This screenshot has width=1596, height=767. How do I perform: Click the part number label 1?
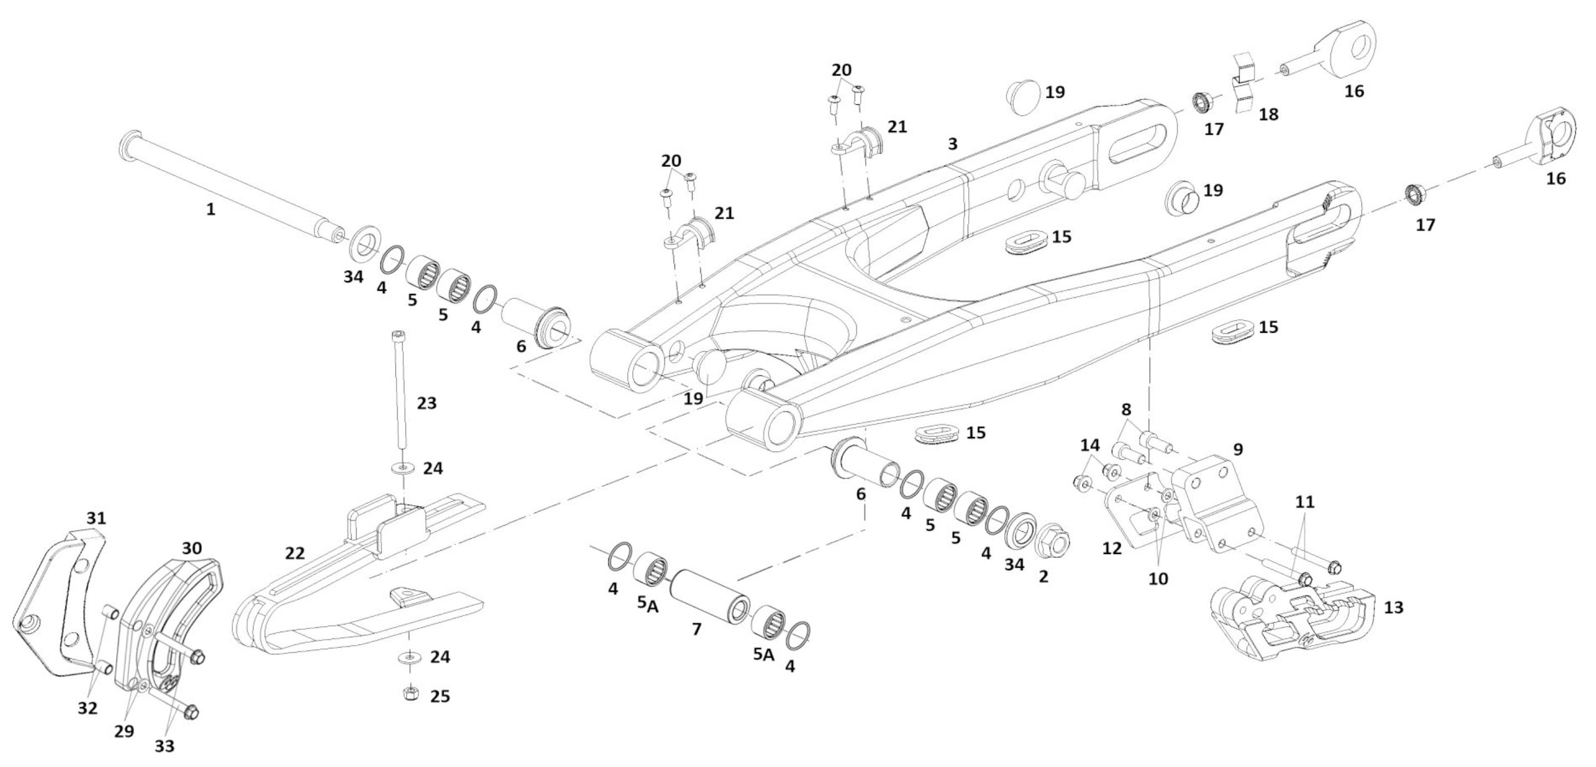(x=211, y=210)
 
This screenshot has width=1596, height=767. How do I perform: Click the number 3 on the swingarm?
(x=953, y=144)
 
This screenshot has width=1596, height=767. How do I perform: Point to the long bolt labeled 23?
(x=400, y=393)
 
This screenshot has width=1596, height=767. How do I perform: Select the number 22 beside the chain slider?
(x=295, y=553)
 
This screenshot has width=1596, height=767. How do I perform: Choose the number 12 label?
(x=1112, y=548)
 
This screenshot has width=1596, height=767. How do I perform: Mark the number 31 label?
(x=96, y=518)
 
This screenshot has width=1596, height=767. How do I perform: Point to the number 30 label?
(x=192, y=548)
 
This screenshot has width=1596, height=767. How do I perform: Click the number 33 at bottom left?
(x=164, y=746)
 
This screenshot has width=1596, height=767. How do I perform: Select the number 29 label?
(x=124, y=731)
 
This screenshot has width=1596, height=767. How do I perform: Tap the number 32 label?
(x=88, y=708)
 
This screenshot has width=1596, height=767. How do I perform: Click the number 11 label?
(x=1305, y=502)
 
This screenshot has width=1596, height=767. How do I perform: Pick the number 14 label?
(x=1090, y=445)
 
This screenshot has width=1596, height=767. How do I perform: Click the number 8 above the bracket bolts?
(x=1126, y=409)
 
